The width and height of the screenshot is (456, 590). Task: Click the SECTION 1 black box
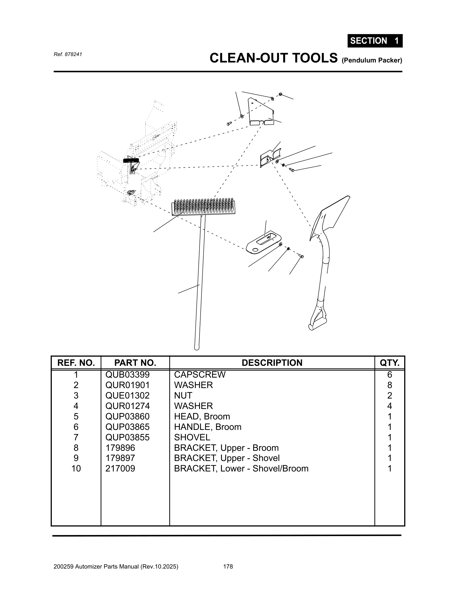pyautogui.click(x=375, y=41)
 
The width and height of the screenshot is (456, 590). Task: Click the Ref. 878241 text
pyautogui.click(x=68, y=54)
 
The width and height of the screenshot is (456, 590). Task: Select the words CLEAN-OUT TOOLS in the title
pyautogui.click(x=273, y=58)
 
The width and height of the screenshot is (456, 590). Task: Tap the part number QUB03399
pyautogui.click(x=127, y=375)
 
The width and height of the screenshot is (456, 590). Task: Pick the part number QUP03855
pyautogui.click(x=127, y=437)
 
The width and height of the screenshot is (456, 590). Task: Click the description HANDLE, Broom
pyautogui.click(x=207, y=427)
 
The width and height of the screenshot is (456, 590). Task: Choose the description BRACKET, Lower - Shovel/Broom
pyautogui.click(x=241, y=469)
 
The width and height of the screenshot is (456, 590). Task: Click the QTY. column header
pyautogui.click(x=389, y=363)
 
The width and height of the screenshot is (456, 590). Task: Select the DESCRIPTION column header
pyautogui.click(x=272, y=363)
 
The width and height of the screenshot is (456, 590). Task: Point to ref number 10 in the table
pyautogui.click(x=76, y=469)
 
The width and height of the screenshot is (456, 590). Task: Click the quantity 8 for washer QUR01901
pyautogui.click(x=389, y=385)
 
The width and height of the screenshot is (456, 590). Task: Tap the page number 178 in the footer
pyautogui.click(x=228, y=566)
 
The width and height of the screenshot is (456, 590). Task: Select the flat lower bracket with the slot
pyautogui.click(x=263, y=242)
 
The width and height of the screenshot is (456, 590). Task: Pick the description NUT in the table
pyautogui.click(x=183, y=396)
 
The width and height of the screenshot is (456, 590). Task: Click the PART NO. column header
pyautogui.click(x=135, y=363)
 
